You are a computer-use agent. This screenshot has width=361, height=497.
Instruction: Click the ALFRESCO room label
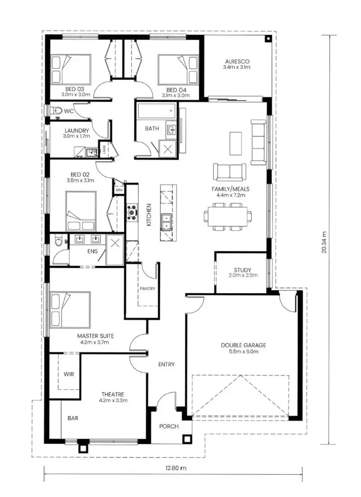tap(236, 61)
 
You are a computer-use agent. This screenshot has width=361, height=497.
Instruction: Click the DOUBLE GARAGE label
tap(243, 345)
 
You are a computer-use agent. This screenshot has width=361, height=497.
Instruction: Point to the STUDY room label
tap(243, 270)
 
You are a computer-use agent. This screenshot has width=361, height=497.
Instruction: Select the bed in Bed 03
tap(71, 69)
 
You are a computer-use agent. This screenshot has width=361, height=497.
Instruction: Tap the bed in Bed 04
tap(178, 69)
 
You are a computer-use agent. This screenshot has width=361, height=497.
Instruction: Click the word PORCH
tap(168, 426)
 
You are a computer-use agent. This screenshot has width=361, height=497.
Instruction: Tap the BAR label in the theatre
tap(73, 418)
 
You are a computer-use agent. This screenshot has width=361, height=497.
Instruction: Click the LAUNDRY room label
tap(77, 131)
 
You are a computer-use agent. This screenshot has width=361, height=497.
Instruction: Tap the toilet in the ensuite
tap(58, 241)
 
